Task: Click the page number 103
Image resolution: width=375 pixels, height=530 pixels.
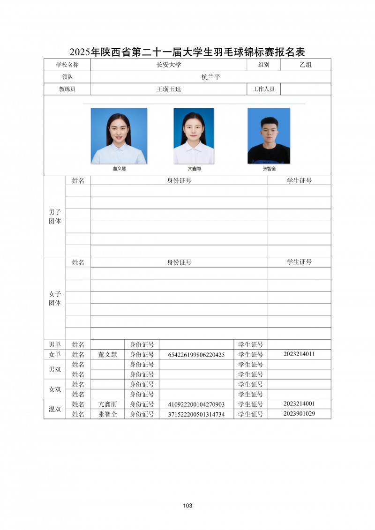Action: pos(187,506)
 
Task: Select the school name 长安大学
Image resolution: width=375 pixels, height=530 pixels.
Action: pos(168,65)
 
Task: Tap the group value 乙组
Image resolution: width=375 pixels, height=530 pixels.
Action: pos(306,65)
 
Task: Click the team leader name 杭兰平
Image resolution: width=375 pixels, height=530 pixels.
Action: pos(210,77)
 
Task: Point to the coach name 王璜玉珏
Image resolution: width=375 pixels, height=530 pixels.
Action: pos(168,89)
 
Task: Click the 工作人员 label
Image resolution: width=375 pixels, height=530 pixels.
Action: pos(263,89)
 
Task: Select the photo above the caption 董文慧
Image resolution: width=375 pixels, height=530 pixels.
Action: pos(119,136)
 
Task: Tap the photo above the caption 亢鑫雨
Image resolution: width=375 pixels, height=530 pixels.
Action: pos(194,136)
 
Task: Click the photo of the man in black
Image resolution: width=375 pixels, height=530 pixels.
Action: pos(269,136)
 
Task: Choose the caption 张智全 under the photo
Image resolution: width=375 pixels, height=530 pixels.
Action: pos(269,169)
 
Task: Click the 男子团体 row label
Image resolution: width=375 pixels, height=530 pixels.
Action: pos(55,216)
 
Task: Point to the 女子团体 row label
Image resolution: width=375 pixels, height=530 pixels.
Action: pos(55,299)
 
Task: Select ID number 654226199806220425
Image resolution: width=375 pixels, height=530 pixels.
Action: pos(196,355)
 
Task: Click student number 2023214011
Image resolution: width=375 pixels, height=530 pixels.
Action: pos(299,354)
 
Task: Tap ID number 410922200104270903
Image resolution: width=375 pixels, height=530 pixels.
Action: pos(196,404)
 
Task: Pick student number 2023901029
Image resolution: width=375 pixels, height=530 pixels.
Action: pos(299,414)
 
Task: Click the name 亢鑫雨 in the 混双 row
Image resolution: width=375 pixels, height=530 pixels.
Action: pos(107,404)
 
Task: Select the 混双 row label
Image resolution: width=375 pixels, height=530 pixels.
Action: pos(55,409)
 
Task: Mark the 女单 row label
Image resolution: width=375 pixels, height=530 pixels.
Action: pos(55,354)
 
